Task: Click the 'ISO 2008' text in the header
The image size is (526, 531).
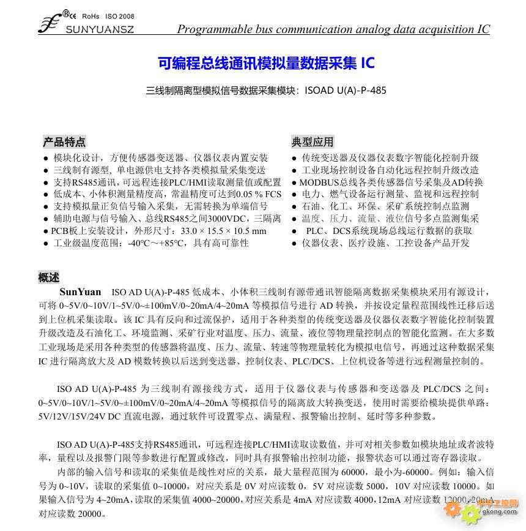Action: coord(120,17)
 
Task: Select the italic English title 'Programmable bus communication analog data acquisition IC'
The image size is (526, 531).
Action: coord(333,29)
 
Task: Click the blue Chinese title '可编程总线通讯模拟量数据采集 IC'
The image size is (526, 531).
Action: coord(265,63)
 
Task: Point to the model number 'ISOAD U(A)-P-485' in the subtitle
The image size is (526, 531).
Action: coord(345,90)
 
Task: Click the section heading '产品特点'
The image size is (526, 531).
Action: coord(64,142)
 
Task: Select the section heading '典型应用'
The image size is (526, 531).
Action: coord(313,142)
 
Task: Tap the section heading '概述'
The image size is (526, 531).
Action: coord(49,277)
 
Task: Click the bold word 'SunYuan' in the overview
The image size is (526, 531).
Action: coord(80,292)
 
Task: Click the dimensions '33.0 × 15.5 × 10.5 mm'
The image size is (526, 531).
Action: coord(224,231)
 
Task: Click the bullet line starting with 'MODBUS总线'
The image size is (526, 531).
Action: coord(391,182)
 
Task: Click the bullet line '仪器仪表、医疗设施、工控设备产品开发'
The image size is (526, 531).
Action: coord(385,243)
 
